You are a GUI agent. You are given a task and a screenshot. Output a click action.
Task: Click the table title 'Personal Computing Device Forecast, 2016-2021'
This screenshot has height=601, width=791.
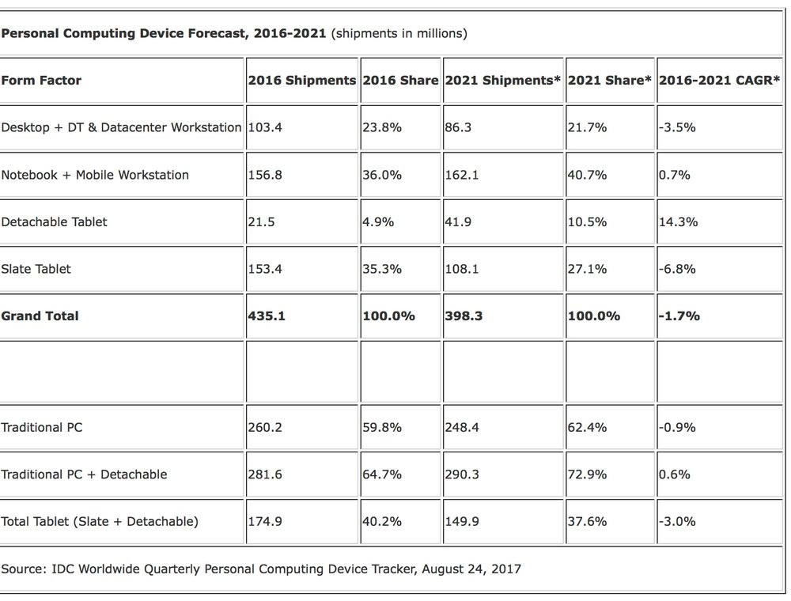click(164, 33)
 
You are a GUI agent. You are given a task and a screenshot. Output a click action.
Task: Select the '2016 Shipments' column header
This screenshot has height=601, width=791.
click(301, 80)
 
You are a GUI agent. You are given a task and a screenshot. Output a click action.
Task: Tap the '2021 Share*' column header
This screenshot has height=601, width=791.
click(609, 80)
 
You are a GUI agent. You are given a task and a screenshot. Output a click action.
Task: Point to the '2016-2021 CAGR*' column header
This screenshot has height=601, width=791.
click(719, 80)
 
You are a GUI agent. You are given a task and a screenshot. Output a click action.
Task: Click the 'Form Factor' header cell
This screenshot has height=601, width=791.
click(41, 80)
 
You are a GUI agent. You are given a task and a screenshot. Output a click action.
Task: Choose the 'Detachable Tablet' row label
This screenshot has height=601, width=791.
click(54, 222)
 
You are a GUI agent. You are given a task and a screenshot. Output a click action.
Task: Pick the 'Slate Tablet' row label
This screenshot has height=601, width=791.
click(36, 269)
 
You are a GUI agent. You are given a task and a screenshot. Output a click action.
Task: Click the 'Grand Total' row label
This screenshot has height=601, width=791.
click(40, 316)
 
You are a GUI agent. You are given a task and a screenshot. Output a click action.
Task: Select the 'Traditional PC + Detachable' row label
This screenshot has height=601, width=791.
click(84, 474)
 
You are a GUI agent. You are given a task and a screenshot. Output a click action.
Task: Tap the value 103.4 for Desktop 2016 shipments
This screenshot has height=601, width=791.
click(265, 127)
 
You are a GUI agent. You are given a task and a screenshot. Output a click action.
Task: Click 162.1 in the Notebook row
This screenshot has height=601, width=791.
click(462, 175)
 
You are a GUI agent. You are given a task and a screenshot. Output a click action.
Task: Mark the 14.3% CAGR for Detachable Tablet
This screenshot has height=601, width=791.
click(678, 222)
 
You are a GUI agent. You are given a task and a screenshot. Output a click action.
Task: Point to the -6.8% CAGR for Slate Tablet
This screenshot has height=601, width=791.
click(677, 269)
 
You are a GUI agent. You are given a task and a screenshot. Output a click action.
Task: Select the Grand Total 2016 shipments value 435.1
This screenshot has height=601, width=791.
click(267, 316)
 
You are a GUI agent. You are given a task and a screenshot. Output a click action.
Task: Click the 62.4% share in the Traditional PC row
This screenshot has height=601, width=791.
click(587, 428)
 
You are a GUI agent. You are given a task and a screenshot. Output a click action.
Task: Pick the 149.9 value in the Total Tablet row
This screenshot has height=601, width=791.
click(462, 521)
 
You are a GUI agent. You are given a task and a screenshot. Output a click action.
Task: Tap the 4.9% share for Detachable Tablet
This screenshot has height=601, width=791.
click(378, 222)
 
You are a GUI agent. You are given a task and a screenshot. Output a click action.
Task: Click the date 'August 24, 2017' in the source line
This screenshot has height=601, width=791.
click(471, 569)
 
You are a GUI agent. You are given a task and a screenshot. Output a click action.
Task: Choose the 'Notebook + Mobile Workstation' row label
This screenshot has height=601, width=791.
click(95, 175)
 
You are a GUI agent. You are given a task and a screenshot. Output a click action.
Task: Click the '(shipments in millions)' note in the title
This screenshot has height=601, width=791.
click(399, 33)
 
